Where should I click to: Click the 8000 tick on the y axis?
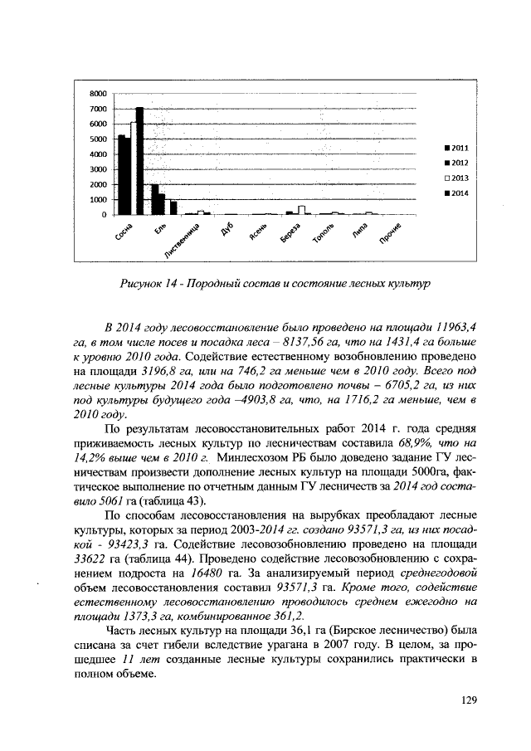coord(98,93)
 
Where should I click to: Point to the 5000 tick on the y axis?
coord(98,139)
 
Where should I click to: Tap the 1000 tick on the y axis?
coord(98,200)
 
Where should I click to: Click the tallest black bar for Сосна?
coord(139,161)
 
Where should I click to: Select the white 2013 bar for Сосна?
coord(133,168)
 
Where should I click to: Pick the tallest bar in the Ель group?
coord(155,199)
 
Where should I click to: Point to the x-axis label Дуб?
coord(227,231)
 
